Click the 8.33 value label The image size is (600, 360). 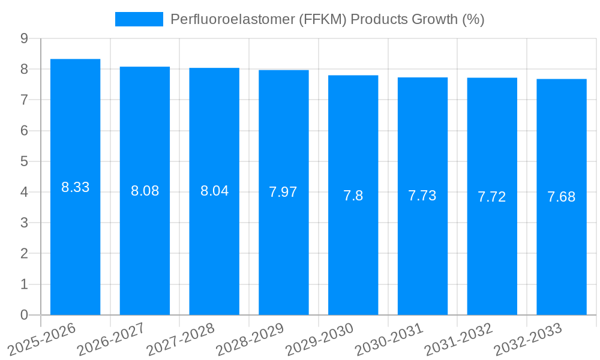[x=75, y=187]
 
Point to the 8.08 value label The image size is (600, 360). [x=145, y=191]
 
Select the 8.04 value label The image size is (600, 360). [x=214, y=191]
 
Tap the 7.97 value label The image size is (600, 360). [x=283, y=192]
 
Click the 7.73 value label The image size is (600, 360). [x=422, y=196]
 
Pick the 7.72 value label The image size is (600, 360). [x=492, y=196]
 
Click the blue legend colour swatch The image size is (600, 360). [x=139, y=19]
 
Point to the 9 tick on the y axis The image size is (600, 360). [x=24, y=38]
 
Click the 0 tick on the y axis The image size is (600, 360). [x=24, y=315]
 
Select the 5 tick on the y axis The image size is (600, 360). [x=24, y=161]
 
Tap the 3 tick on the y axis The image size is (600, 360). [x=24, y=223]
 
